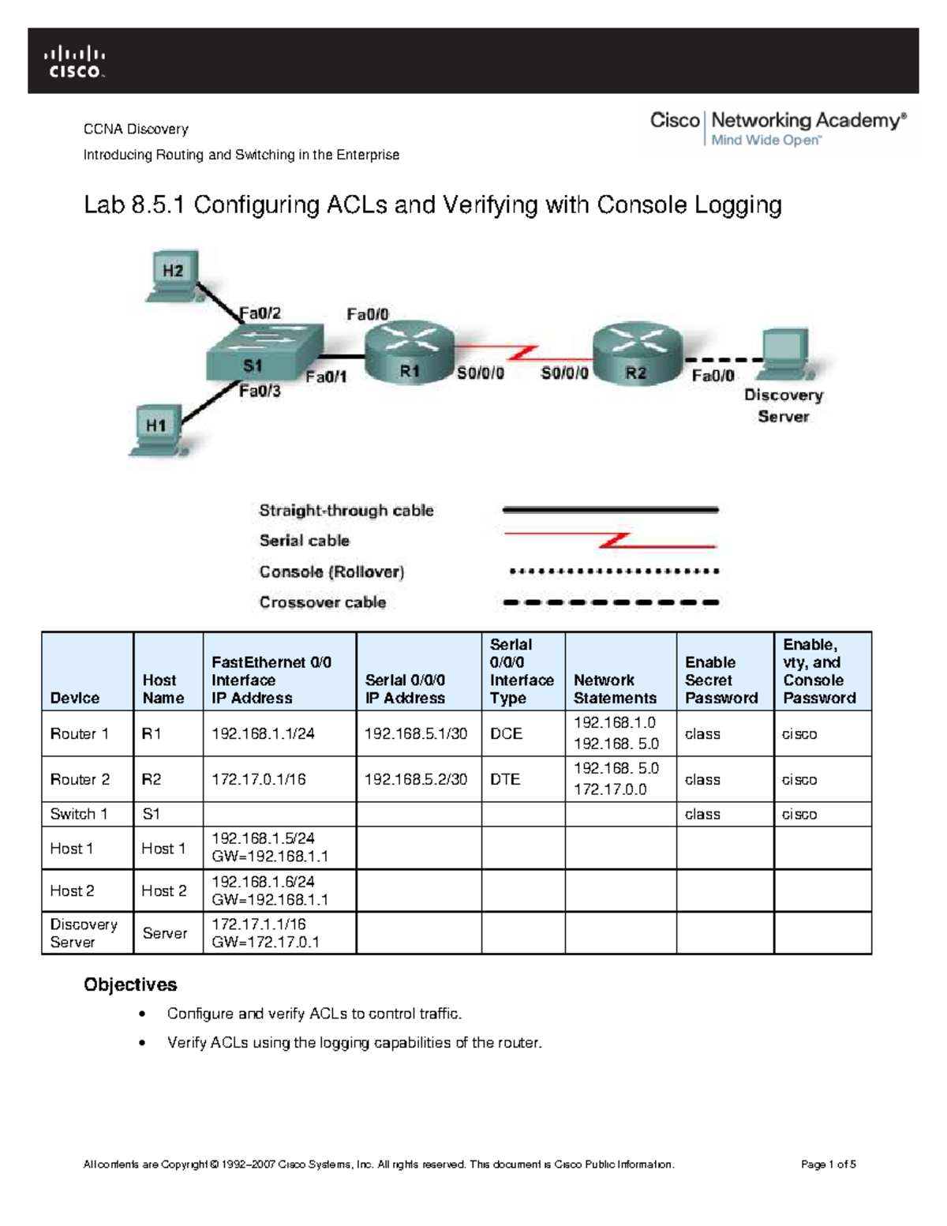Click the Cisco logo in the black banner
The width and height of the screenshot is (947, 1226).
click(74, 62)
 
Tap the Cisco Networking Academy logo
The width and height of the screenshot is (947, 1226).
click(777, 128)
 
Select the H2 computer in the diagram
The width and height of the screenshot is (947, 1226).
click(172, 276)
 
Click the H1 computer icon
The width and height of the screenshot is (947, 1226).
click(155, 429)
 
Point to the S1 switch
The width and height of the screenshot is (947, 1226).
click(264, 354)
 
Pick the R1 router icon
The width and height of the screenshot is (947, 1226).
click(409, 352)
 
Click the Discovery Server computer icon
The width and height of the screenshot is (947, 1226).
click(785, 356)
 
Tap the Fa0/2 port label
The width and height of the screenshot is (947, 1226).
click(260, 313)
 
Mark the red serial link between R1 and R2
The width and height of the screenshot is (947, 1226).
click(523, 353)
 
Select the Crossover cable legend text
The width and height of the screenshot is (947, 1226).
click(323, 602)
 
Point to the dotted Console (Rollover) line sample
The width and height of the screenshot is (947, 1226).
click(613, 572)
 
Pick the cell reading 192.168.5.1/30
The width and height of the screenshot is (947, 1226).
click(416, 733)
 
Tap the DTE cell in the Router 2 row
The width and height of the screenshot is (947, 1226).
click(505, 779)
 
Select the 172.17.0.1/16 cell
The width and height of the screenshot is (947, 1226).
click(258, 779)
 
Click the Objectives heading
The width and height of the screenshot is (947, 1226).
click(130, 984)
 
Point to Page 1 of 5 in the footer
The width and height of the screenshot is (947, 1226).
click(828, 1164)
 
